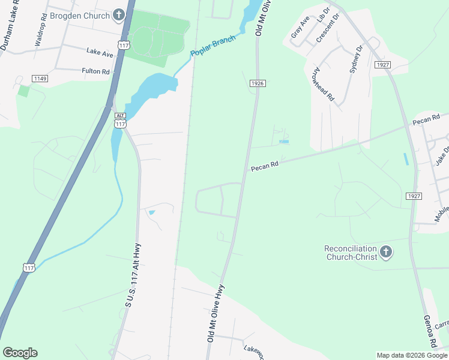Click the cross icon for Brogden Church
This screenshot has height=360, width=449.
point(119,14)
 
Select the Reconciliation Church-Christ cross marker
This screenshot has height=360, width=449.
point(385,253)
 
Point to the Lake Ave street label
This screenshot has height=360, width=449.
point(100,53)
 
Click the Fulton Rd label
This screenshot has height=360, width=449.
point(96,71)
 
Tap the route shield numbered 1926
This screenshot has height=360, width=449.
point(258,84)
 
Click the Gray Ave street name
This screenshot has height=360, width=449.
point(300,28)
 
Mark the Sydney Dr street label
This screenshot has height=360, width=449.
point(357,58)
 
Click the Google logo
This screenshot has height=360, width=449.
point(20,353)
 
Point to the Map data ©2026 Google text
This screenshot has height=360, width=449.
point(411,355)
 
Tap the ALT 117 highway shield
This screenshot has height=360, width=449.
point(120,121)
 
